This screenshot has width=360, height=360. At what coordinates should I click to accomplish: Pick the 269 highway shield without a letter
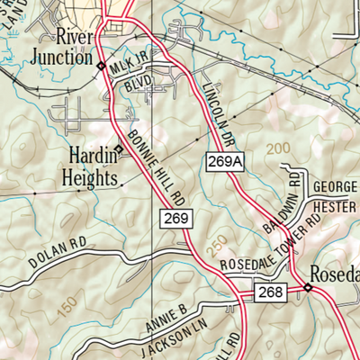pyautogui.click(x=176, y=218)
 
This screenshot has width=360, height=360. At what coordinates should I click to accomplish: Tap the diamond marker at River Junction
pyautogui.click(x=100, y=66)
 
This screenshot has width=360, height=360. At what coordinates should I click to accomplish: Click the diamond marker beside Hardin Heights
pyautogui.click(x=119, y=150)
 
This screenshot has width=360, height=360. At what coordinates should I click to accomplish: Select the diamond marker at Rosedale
pyautogui.click(x=307, y=288)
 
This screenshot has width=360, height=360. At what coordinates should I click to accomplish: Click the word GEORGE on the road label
pyautogui.click(x=335, y=188)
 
